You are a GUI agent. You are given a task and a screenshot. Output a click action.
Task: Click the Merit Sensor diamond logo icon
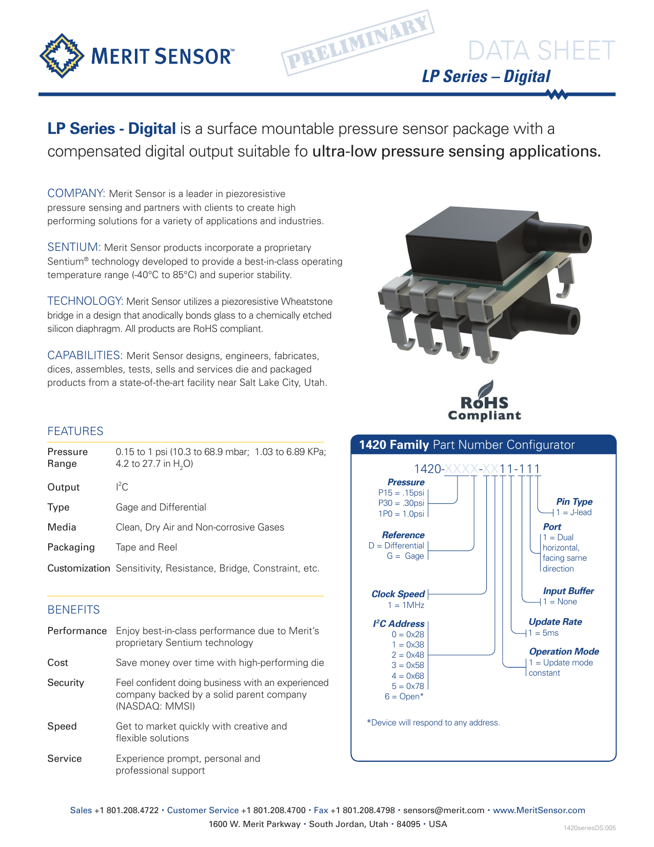(62, 56)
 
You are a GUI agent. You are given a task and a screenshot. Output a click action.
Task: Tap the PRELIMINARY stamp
(358, 43)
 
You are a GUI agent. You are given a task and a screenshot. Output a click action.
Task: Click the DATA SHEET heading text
(541, 51)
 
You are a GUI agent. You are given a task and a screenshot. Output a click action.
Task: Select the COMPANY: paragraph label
(76, 193)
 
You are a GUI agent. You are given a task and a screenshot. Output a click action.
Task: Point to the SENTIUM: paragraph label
(74, 247)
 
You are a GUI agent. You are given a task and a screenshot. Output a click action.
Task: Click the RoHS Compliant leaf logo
(484, 400)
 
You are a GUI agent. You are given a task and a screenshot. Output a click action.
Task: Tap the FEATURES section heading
(75, 431)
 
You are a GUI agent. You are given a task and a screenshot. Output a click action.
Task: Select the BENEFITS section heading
(74, 609)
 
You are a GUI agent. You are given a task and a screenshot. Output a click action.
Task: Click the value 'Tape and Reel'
(146, 547)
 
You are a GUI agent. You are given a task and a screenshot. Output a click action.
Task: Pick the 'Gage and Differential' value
(161, 507)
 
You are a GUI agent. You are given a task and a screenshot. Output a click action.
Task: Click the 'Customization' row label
(78, 568)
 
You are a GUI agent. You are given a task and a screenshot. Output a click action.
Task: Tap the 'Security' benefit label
(66, 682)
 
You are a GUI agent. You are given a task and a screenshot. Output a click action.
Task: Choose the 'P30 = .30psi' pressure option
(401, 503)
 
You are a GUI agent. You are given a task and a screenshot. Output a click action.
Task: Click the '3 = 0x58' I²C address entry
(408, 665)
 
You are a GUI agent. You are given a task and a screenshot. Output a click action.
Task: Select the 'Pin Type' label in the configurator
(574, 502)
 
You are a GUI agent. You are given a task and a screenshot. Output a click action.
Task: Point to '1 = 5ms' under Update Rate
(543, 633)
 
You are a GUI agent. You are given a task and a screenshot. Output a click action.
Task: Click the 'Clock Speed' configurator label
(398, 594)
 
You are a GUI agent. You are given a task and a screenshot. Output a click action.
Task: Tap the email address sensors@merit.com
(444, 811)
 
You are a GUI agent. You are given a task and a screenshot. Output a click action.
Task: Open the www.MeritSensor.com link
(539, 811)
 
